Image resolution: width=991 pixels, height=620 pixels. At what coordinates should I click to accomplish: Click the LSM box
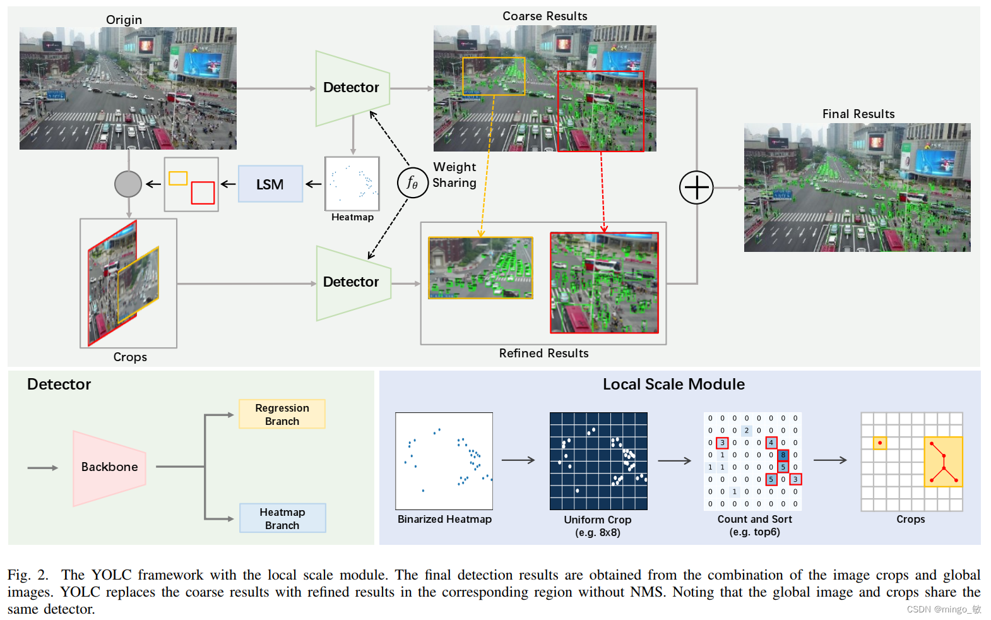click(x=270, y=184)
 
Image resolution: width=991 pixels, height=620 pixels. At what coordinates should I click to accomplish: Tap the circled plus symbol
click(x=696, y=188)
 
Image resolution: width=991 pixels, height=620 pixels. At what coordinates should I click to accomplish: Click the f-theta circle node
click(x=412, y=182)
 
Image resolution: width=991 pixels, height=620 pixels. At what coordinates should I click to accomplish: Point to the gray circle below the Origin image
click(x=128, y=184)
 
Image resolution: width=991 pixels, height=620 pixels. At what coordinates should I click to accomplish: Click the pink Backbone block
click(x=109, y=467)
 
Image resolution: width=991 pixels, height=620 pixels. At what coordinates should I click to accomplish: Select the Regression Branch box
click(x=282, y=414)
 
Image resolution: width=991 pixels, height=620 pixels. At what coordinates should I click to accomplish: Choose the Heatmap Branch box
click(x=282, y=518)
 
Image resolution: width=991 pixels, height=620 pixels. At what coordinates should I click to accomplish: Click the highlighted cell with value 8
click(x=783, y=455)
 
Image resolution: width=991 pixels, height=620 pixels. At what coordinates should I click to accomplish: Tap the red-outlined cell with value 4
click(x=771, y=443)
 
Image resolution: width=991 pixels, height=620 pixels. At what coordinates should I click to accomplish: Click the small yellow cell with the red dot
click(x=879, y=443)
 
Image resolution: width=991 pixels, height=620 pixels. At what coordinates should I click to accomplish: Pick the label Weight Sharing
click(x=454, y=175)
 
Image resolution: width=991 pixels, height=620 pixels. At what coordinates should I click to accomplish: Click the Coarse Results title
click(x=545, y=16)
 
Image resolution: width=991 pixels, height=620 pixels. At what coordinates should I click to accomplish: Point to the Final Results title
click(x=858, y=114)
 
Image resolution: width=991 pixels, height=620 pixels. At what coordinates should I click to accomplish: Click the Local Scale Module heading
click(x=674, y=384)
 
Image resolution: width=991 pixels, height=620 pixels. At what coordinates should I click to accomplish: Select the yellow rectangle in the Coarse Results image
click(x=494, y=76)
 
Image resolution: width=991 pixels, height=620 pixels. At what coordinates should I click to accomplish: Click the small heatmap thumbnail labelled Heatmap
click(x=352, y=184)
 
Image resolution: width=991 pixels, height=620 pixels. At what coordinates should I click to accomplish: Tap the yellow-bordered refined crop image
click(x=480, y=268)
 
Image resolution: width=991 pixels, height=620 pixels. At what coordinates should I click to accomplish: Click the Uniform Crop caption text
click(x=597, y=520)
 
